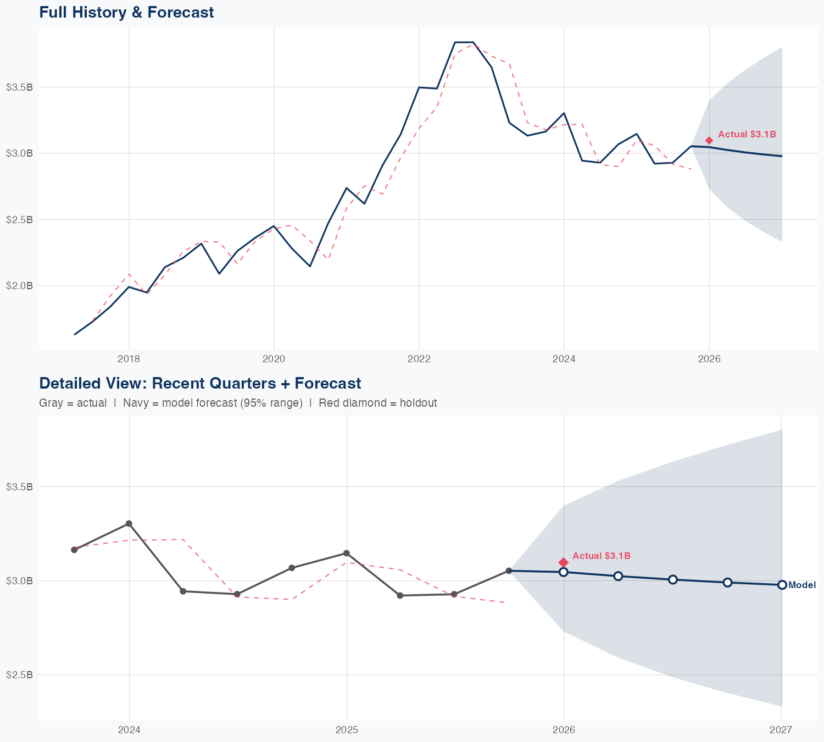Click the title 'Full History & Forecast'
[x=126, y=12]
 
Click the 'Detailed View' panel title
[x=200, y=383]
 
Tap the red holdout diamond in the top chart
[x=709, y=141]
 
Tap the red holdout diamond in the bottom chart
[x=563, y=562]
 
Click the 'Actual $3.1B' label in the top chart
[x=747, y=134]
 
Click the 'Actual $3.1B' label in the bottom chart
[x=601, y=556]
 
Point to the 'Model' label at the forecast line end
[x=801, y=585]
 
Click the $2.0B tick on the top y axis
[x=19, y=286]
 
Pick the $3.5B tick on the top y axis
[x=19, y=87]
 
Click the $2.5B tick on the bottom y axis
[x=19, y=674]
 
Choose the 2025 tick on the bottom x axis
[x=347, y=730]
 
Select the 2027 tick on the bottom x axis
[x=781, y=730]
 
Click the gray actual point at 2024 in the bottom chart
[x=129, y=524]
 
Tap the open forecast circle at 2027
[x=782, y=585]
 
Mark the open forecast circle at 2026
[x=563, y=572]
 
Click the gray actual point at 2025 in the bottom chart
[x=347, y=553]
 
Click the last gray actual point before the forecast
[x=509, y=571]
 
